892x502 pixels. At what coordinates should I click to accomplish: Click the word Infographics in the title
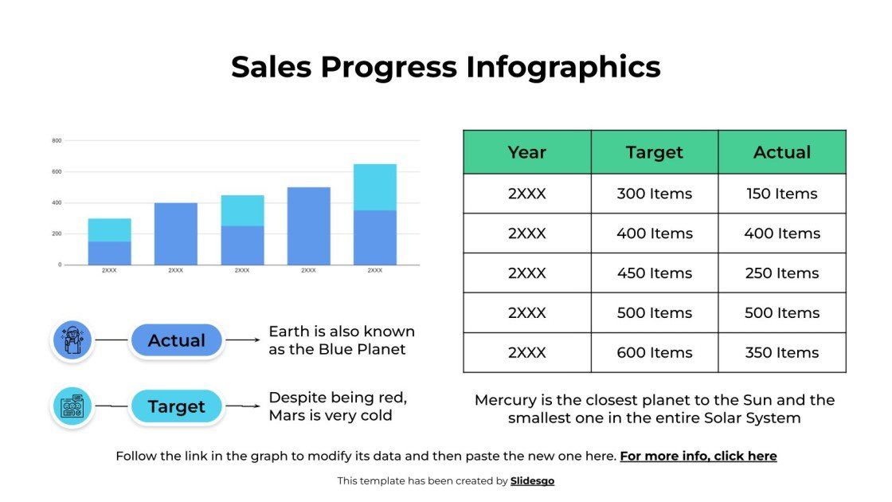click(563, 67)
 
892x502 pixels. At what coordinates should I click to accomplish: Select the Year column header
click(526, 152)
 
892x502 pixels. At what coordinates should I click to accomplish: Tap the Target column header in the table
click(654, 152)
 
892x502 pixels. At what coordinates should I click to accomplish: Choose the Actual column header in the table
click(781, 152)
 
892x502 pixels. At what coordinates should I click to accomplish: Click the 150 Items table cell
click(781, 194)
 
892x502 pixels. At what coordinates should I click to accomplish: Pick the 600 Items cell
click(654, 353)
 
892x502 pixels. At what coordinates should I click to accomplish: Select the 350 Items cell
click(781, 353)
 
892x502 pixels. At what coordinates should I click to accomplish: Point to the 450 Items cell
click(654, 273)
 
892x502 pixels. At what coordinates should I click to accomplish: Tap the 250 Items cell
click(781, 273)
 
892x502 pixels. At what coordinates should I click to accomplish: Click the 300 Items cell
click(654, 194)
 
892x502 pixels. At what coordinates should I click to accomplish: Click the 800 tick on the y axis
click(57, 141)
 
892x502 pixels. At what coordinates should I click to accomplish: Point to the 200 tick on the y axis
click(57, 233)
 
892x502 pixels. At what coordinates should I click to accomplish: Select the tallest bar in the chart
click(374, 215)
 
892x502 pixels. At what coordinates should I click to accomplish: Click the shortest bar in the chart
click(109, 242)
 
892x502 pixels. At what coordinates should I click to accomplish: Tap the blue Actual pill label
click(176, 340)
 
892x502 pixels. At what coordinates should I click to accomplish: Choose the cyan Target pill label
click(176, 406)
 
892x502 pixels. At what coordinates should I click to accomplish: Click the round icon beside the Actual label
click(72, 340)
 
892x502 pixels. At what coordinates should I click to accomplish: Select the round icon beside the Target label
click(72, 406)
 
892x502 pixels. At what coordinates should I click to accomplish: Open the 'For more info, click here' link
click(698, 457)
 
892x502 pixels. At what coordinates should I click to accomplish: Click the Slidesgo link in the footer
click(532, 480)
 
